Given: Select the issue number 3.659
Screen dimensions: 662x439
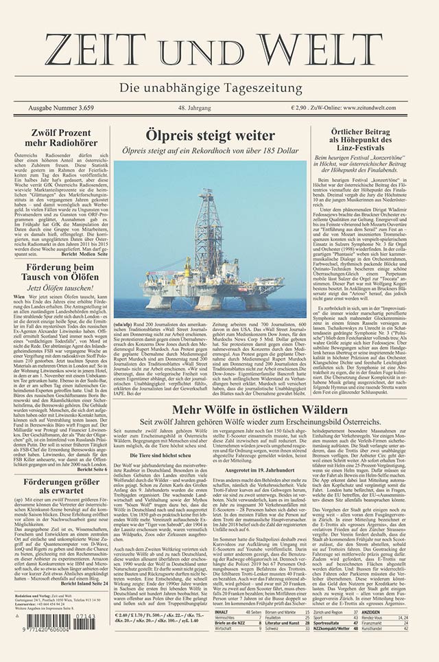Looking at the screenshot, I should (x=97, y=109).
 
